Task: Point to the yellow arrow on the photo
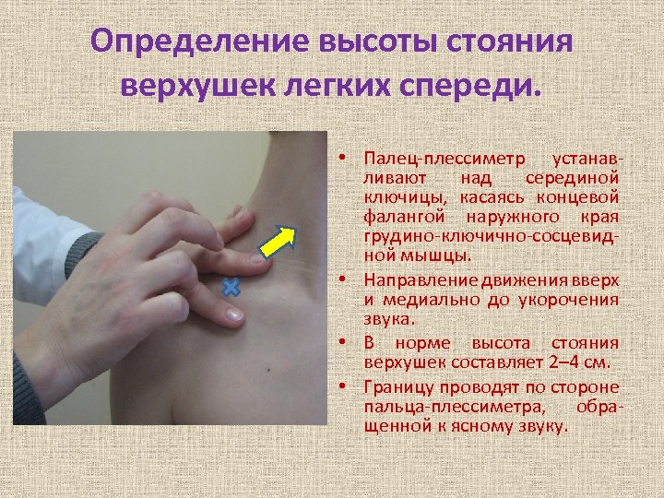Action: [x=277, y=243]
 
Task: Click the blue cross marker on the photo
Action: [x=230, y=288]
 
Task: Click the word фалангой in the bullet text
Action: [x=399, y=216]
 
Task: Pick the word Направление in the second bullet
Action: [x=411, y=279]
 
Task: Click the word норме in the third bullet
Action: [x=421, y=341]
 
